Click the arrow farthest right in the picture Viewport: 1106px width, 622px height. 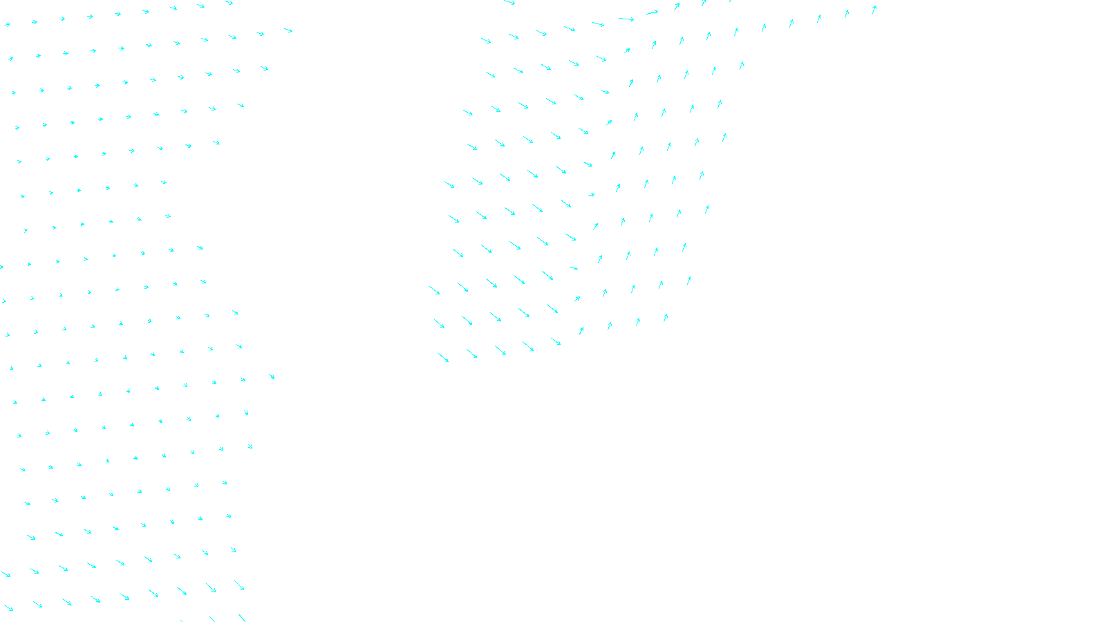point(874,10)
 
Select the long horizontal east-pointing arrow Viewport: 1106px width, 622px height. point(626,19)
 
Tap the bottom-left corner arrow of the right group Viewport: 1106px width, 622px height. point(443,357)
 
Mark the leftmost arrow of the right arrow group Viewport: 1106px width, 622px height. point(434,290)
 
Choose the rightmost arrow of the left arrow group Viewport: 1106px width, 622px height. point(288,30)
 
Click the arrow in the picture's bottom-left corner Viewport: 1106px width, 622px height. point(8,608)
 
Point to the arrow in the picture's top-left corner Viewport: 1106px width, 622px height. point(8,25)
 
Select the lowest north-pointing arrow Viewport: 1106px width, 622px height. point(581,330)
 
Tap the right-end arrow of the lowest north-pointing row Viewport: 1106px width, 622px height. point(666,318)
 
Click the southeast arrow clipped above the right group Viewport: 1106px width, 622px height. point(509,3)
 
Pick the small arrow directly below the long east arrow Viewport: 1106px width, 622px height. point(626,50)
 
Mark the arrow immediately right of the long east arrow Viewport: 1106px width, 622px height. point(652,12)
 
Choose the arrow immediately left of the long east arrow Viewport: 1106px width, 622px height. point(598,24)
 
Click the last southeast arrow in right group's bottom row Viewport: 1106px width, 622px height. point(556,341)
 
